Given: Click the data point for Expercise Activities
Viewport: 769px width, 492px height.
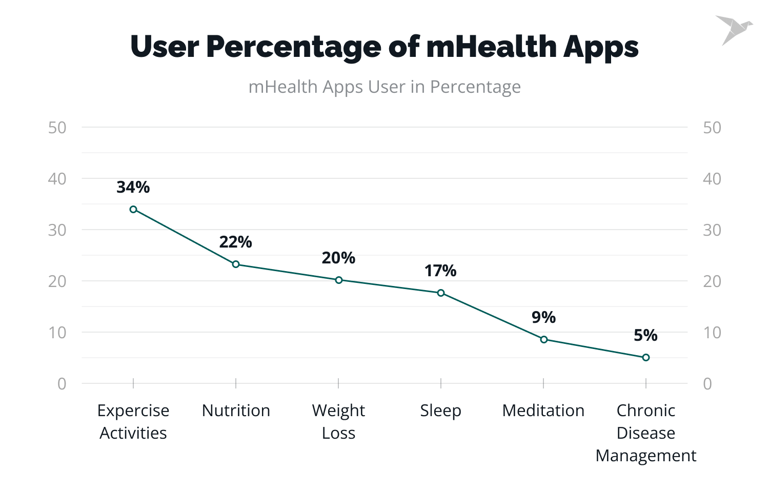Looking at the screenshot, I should click(133, 209).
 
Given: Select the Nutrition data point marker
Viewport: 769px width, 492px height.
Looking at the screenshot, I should click(236, 264).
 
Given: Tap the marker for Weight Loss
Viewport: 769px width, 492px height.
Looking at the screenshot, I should click(339, 280).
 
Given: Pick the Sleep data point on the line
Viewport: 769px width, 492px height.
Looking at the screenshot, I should click(441, 293).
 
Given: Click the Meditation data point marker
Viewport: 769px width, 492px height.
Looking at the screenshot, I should click(544, 339).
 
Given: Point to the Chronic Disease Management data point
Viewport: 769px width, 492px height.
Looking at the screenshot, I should click(646, 357).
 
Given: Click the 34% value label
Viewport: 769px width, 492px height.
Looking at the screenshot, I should click(133, 188).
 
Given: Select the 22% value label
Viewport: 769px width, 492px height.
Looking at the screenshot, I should click(236, 242).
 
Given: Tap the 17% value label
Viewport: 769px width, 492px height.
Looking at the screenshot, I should click(440, 271).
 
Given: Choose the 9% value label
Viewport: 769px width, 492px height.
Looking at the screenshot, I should click(543, 317).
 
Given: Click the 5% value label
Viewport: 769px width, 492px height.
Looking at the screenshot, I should click(645, 335).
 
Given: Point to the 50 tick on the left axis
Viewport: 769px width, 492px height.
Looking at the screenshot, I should click(57, 128).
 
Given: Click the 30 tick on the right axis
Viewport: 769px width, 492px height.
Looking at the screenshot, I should click(712, 230).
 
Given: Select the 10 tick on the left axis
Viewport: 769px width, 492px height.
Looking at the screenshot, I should click(57, 333).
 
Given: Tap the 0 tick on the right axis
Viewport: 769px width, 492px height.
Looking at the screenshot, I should click(707, 384).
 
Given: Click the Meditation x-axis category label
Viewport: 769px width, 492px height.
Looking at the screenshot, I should click(543, 411).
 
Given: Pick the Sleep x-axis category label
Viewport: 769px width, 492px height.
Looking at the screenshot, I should click(441, 411).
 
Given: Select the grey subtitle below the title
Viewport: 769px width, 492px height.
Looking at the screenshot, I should click(385, 87).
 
